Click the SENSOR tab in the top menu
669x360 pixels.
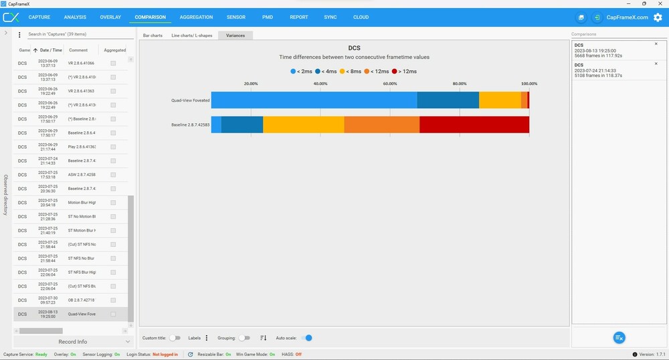pyautogui.click(x=235, y=17)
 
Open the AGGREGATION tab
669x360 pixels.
pyautogui.click(x=196, y=17)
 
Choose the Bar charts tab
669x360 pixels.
pyautogui.click(x=153, y=35)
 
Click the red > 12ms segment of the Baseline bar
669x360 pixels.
pyautogui.click(x=474, y=124)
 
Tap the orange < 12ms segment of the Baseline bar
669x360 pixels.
pyautogui.click(x=382, y=124)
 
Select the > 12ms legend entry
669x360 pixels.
pyautogui.click(x=404, y=71)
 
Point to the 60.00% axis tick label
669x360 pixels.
pyautogui.click(x=390, y=84)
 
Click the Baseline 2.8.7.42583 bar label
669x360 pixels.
pyautogui.click(x=190, y=125)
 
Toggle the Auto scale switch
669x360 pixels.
pyautogui.click(x=308, y=338)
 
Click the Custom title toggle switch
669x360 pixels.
pyautogui.click(x=174, y=338)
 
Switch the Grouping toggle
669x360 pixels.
pyautogui.click(x=244, y=338)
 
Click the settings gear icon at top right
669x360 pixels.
pyautogui.click(x=657, y=17)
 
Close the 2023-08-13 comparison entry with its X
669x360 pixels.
pyautogui.click(x=656, y=44)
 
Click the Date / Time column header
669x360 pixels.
pyautogui.click(x=50, y=50)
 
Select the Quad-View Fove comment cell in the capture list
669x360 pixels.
pyautogui.click(x=82, y=314)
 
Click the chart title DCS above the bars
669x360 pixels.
pyautogui.click(x=355, y=48)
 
